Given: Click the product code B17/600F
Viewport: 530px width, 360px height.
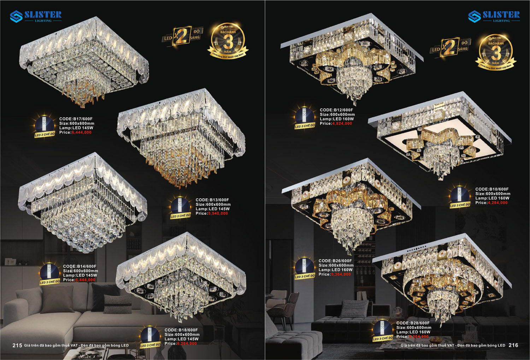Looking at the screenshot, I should tap(76, 119).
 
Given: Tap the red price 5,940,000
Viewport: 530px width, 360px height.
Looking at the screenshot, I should tap(218, 214).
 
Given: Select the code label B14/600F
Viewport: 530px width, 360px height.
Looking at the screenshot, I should tap(80, 267).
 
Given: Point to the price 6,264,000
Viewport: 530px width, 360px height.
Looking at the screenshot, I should tap(187, 343).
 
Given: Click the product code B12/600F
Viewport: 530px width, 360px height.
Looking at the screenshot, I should tap(336, 110).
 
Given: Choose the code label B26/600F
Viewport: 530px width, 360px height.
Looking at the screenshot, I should tap(335, 261).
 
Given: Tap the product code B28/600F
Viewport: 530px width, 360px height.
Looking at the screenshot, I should tap(413, 323).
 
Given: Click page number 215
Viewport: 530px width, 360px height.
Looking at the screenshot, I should tap(17, 346).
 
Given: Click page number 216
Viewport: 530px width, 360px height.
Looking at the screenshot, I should tap(513, 345).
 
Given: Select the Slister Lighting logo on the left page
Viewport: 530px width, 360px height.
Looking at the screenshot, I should tap(36, 16).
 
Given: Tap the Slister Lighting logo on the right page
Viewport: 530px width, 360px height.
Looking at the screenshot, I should tap(494, 16).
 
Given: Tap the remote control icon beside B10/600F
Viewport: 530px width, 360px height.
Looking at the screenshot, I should tap(460, 196).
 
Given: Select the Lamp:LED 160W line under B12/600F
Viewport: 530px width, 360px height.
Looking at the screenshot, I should tap(337, 119).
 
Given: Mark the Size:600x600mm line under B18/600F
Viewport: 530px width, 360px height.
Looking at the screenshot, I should tap(182, 335).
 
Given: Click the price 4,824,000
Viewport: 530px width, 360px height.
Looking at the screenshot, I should tap(342, 124).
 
